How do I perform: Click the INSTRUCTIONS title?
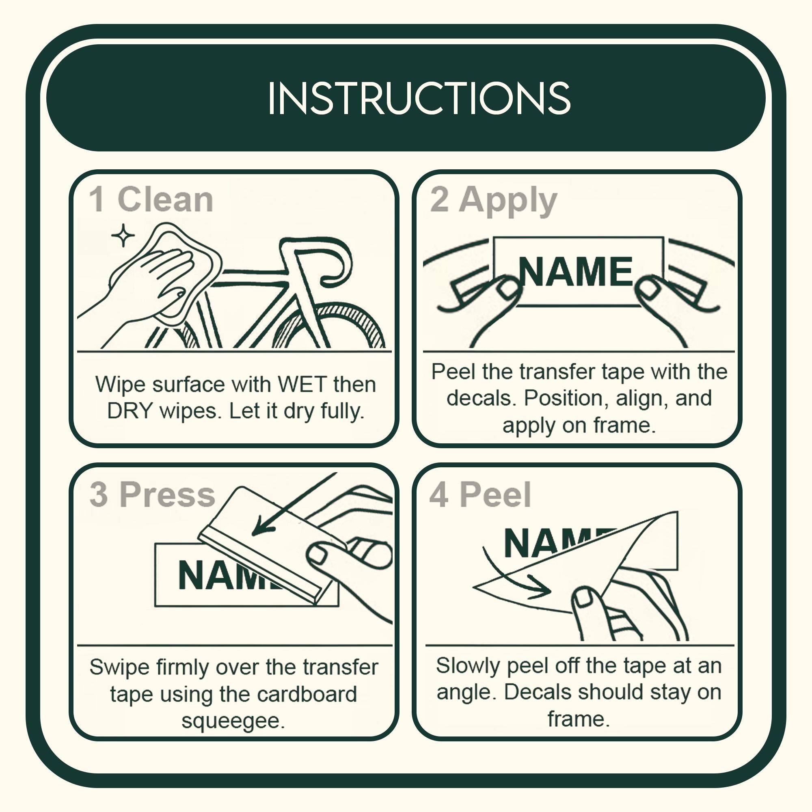pos(419,98)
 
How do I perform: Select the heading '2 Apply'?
pos(493,201)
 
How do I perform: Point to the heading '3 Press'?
pos(152,494)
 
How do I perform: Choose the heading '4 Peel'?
pos(480,495)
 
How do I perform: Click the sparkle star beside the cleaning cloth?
pos(123,236)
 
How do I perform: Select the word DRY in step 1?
pos(130,410)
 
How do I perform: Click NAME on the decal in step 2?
pos(576,272)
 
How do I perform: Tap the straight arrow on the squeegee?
pos(294,504)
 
